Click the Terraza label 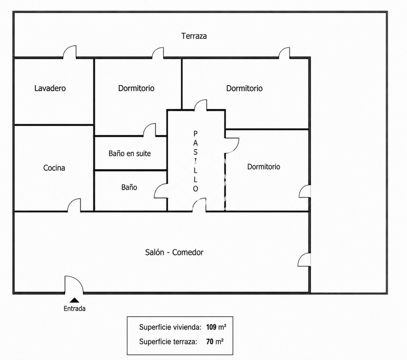tap(194, 36)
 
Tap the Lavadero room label tap(50, 88)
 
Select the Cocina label tap(54, 168)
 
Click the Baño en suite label tap(130, 153)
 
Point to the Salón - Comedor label tap(174, 252)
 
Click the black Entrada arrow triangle tap(75, 300)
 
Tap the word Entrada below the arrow tap(74, 309)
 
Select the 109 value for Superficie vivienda tap(211, 327)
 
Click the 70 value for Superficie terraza tap(210, 342)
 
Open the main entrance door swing tap(74, 285)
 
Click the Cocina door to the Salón tap(74, 205)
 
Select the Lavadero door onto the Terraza tap(70, 52)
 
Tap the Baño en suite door tap(149, 130)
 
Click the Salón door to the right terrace tap(304, 259)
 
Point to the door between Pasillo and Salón tap(199, 205)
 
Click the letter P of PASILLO tap(196, 134)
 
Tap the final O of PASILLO tap(196, 189)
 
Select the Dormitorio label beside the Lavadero tap(136, 88)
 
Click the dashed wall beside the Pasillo tap(225, 182)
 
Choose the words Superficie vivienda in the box tap(170, 327)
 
